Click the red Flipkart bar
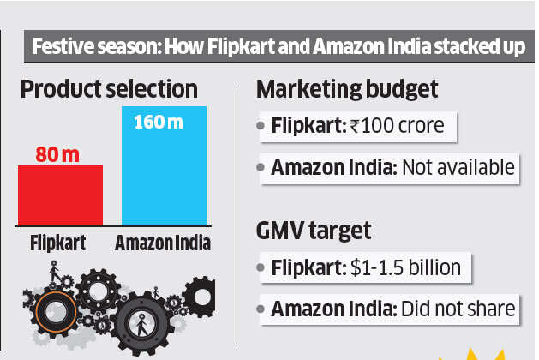60,195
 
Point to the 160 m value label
158,122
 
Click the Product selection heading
108,89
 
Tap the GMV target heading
314,230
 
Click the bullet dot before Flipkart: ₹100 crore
261,127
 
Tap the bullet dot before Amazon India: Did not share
261,309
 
